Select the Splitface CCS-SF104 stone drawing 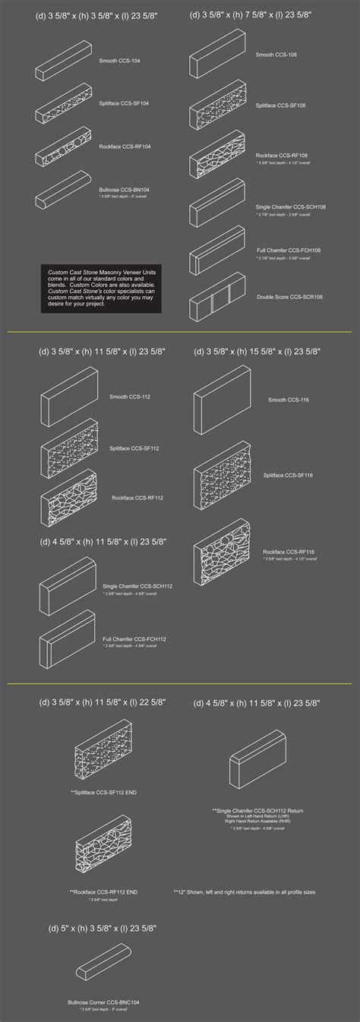[x=63, y=109]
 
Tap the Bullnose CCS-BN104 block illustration [x=63, y=190]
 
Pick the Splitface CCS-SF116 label [x=287, y=475]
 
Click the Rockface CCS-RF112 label [x=137, y=498]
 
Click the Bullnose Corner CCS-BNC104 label [x=103, y=1002]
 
